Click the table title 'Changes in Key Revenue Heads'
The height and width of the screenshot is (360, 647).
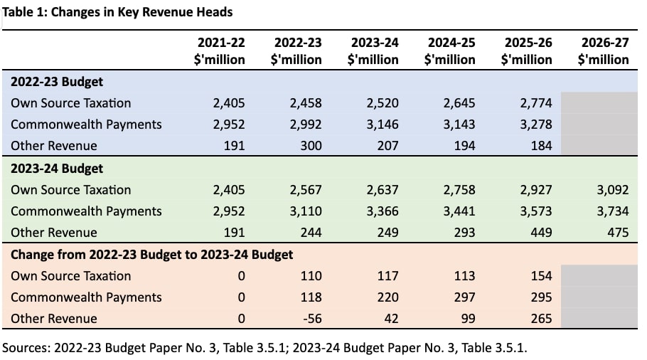pyautogui.click(x=141, y=12)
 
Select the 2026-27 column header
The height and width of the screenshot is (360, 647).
pyautogui.click(x=603, y=51)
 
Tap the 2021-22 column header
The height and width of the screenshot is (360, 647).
pyautogui.click(x=220, y=51)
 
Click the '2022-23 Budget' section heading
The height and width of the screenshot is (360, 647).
pyautogui.click(x=57, y=82)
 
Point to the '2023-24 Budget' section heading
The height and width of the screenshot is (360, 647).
pyautogui.click(x=57, y=169)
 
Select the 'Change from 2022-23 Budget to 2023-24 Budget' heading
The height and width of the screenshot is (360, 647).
pyautogui.click(x=152, y=255)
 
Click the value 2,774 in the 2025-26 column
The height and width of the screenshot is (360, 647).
pyautogui.click(x=536, y=103)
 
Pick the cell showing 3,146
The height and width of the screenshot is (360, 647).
pyautogui.click(x=383, y=125)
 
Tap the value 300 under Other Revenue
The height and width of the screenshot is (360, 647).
pyautogui.click(x=311, y=146)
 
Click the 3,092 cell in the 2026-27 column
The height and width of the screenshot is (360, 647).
pyautogui.click(x=613, y=190)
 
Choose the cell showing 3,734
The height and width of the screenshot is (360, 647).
pyautogui.click(x=613, y=211)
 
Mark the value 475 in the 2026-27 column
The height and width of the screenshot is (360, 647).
pyautogui.click(x=618, y=233)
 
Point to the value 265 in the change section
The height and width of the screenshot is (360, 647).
pyautogui.click(x=541, y=319)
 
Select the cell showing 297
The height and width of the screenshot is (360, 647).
pyautogui.click(x=464, y=297)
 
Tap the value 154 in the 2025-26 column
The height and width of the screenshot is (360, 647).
pyautogui.click(x=541, y=276)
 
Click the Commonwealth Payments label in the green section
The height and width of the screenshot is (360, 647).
pyautogui.click(x=86, y=211)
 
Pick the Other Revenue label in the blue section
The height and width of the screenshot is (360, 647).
pyautogui.click(x=54, y=146)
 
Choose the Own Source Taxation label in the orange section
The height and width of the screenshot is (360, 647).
pyautogui.click(x=71, y=276)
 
